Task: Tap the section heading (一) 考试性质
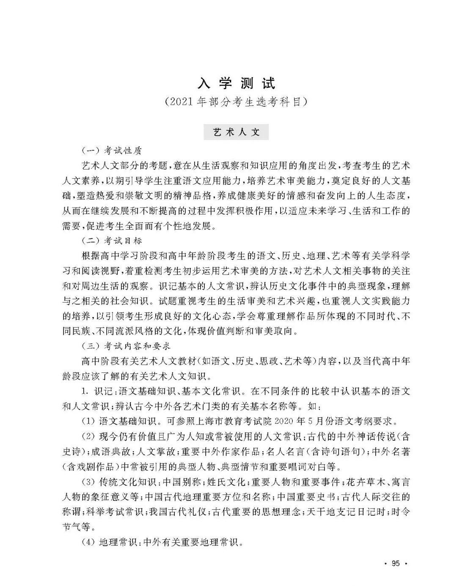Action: click(111, 150)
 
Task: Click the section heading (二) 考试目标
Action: click(111, 241)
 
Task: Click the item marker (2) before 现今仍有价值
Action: click(88, 436)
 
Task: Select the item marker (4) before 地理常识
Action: click(88, 542)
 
